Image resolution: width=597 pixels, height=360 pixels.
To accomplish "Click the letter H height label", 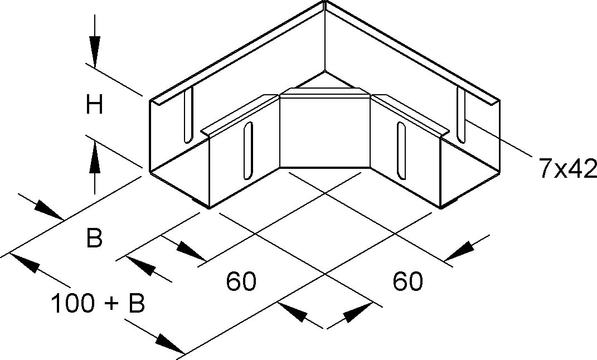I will (x=94, y=105).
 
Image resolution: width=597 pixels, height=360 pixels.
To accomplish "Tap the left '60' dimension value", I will (x=241, y=281).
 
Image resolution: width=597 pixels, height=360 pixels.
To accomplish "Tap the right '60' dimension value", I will (x=407, y=281).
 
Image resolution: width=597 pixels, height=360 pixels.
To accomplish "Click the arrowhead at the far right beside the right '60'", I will (x=460, y=251).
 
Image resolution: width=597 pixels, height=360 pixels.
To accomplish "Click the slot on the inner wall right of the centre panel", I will (x=400, y=150).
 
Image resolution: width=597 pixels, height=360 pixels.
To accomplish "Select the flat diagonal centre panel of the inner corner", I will (x=324, y=132).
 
